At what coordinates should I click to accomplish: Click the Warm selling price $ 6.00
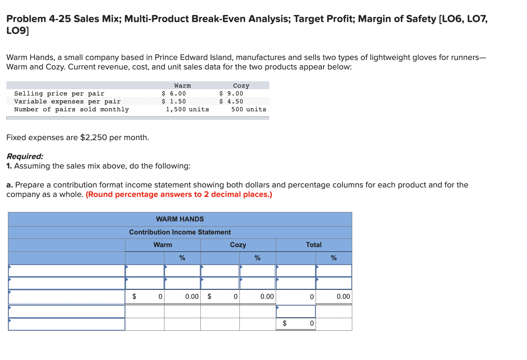tap(174, 94)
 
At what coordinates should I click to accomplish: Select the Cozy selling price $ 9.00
tap(231, 94)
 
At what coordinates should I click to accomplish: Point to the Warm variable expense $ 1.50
tap(174, 101)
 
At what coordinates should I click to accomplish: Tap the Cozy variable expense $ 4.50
tap(231, 101)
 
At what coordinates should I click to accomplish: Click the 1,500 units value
tap(187, 109)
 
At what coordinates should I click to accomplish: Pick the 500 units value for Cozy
tap(249, 109)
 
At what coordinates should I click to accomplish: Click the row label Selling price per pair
tap(59, 94)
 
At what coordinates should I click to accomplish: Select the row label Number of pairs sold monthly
tap(71, 109)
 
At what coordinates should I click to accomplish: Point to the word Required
tap(24, 156)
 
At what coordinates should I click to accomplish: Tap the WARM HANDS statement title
tap(180, 219)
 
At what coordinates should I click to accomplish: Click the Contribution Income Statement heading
tap(180, 232)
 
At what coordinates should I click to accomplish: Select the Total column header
tap(314, 245)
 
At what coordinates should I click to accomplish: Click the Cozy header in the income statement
tap(238, 245)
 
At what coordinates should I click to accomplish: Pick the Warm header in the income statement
tap(163, 245)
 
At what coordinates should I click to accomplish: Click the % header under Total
tap(334, 258)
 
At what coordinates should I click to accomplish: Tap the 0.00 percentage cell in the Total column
tap(343, 296)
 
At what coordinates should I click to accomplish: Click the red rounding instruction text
tap(179, 195)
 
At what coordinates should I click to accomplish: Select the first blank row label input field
tap(67, 271)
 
